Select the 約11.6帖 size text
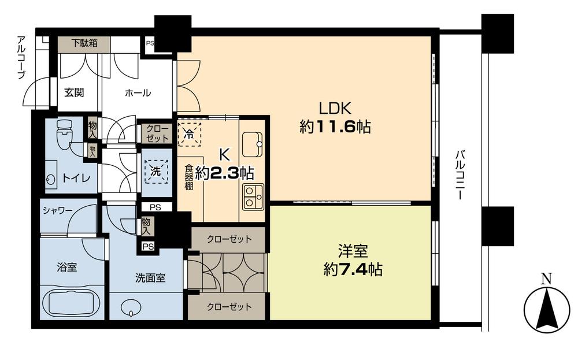pyautogui.click(x=335, y=127)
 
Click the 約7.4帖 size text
pyautogui.click(x=351, y=269)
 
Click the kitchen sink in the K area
pyautogui.click(x=252, y=140)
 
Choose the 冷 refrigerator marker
pyautogui.click(x=190, y=132)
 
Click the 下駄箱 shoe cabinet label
pyautogui.click(x=84, y=43)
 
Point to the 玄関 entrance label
pyautogui.click(x=75, y=93)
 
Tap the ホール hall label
pyautogui.click(x=138, y=93)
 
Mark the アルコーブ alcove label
pyautogui.click(x=22, y=57)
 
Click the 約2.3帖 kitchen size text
pyautogui.click(x=224, y=173)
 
